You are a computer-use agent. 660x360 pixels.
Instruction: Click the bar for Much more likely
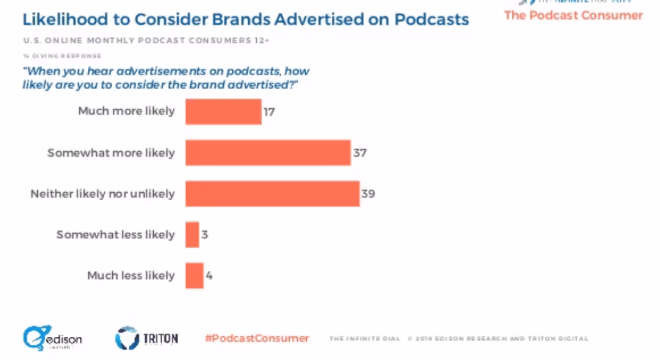pos(223,112)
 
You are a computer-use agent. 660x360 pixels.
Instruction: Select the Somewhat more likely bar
pos(268,153)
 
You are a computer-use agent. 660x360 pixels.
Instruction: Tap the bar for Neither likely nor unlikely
pos(272,193)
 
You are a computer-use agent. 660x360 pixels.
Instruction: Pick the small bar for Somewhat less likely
pos(192,234)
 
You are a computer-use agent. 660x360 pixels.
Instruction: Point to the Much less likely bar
pos(194,275)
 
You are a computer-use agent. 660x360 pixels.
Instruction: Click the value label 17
pos(270,112)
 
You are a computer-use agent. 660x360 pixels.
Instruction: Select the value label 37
pos(359,153)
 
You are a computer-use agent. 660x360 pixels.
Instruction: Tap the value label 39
pos(368,193)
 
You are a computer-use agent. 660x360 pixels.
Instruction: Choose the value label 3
pos(205,234)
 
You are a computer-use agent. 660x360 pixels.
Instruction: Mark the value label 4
pos(209,275)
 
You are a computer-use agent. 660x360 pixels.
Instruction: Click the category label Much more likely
pos(126,111)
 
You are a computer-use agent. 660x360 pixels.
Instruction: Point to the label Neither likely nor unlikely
pos(102,193)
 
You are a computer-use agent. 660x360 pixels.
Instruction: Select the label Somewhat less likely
pos(115,234)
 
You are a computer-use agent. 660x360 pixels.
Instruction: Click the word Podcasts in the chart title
pos(432,19)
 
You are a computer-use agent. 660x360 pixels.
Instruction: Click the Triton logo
pos(147,338)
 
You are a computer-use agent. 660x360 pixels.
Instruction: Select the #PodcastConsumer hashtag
pos(257,338)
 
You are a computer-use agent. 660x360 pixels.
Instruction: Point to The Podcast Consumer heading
pos(573,15)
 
